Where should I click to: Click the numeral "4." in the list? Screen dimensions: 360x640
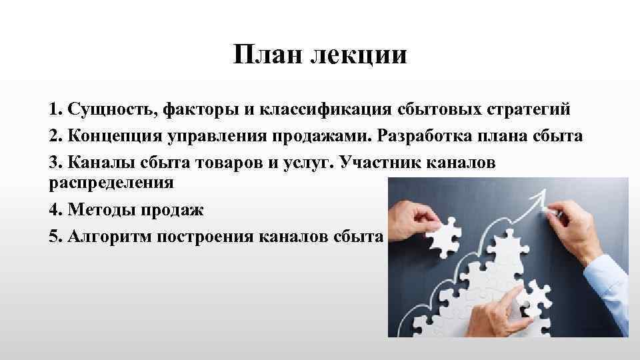tap(55, 209)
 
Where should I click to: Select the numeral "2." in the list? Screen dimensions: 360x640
tap(55, 135)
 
